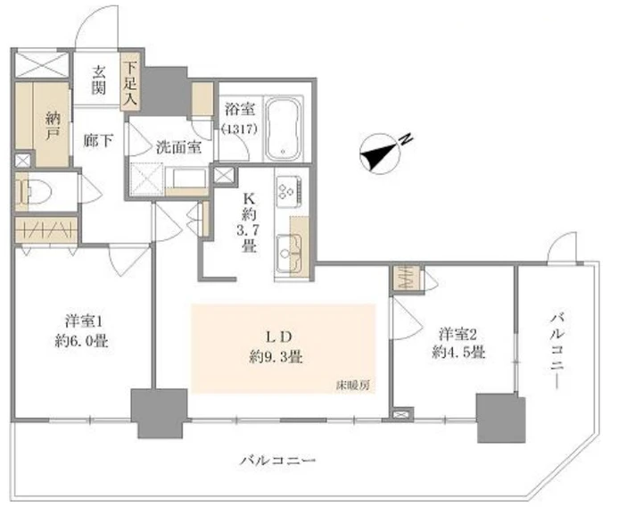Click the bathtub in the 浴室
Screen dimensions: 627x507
(284, 129)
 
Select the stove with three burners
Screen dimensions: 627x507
(289, 191)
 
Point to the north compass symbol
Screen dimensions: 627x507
(380, 154)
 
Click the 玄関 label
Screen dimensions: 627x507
(98, 80)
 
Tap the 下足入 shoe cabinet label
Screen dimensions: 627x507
(130, 83)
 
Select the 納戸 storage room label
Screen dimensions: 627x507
(53, 126)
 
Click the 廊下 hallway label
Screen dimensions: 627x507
(98, 140)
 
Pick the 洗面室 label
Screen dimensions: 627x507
(178, 147)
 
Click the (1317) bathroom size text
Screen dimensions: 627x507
(240, 129)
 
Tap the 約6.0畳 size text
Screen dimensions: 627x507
(82, 341)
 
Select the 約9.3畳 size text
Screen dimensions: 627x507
(276, 356)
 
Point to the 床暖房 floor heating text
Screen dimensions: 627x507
(352, 386)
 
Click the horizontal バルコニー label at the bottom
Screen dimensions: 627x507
(278, 461)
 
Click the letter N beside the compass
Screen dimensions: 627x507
(406, 139)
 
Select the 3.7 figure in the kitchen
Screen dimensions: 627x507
(248, 231)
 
